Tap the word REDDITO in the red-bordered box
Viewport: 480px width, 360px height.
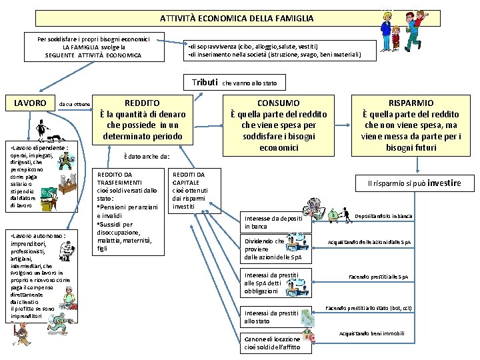tap(142, 103)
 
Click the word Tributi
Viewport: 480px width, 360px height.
tap(205, 83)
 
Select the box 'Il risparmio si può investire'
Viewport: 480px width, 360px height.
tap(419, 183)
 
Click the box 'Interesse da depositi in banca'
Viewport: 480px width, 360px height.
tap(274, 222)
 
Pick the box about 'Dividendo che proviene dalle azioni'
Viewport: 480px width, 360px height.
tap(274, 249)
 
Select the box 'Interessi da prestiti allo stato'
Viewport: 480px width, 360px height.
tap(274, 317)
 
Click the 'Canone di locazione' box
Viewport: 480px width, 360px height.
tap(271, 343)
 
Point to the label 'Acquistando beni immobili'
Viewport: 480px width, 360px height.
tap(371, 333)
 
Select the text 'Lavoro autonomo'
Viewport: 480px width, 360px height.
tap(38, 236)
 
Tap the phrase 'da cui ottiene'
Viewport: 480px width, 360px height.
tap(75, 104)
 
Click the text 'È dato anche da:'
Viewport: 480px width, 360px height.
tap(147, 157)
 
